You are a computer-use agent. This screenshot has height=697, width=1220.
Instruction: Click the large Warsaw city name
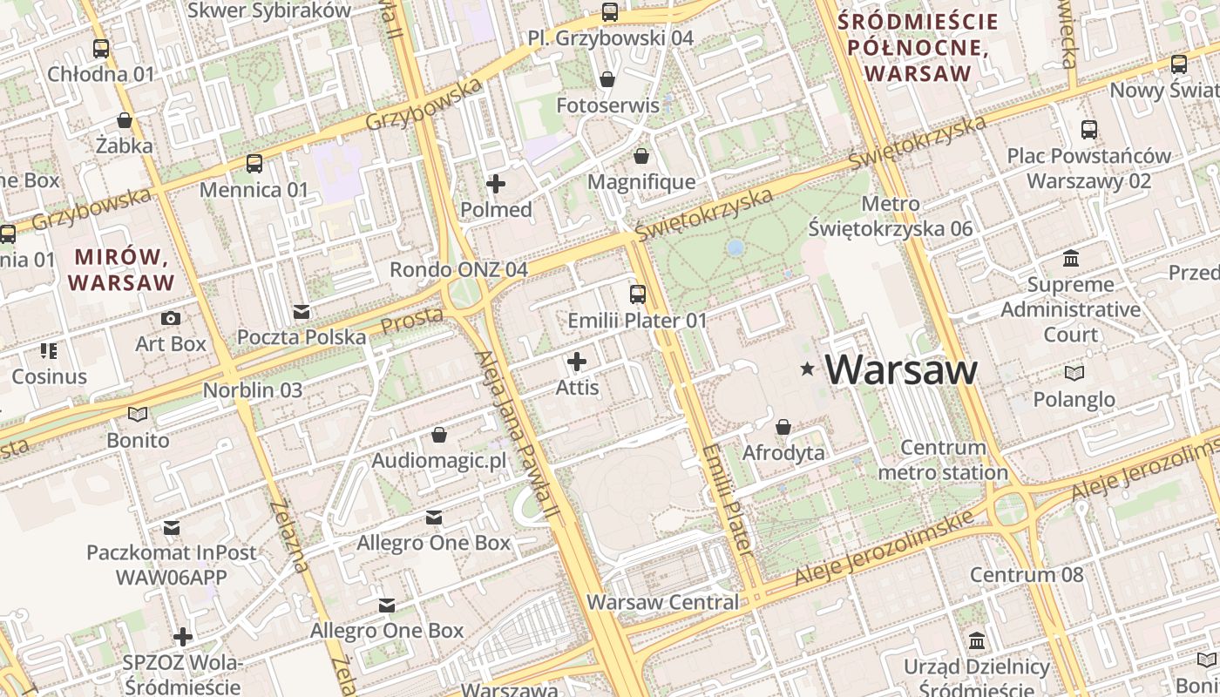click(x=901, y=370)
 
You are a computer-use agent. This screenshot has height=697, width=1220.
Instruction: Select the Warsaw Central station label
click(x=662, y=602)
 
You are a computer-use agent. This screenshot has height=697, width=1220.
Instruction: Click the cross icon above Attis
click(x=577, y=361)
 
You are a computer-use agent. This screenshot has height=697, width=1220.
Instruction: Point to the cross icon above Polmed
click(x=496, y=183)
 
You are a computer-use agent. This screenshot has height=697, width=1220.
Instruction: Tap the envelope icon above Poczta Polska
click(x=302, y=311)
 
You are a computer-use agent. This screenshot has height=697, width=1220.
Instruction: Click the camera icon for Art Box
click(x=171, y=318)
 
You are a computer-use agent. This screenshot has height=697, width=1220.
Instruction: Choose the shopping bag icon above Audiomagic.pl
click(x=439, y=434)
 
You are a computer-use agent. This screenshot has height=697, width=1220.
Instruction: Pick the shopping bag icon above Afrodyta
click(x=783, y=427)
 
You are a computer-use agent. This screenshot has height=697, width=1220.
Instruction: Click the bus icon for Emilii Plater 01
click(x=638, y=294)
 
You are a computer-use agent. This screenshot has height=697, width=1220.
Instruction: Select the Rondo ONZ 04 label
click(x=458, y=269)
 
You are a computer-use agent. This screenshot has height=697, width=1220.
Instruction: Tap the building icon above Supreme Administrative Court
click(x=1070, y=259)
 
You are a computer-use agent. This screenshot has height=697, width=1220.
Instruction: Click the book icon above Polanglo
click(x=1074, y=373)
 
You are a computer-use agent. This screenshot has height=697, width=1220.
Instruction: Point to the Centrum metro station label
click(x=943, y=460)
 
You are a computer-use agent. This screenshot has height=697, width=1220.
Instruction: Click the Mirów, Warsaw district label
click(x=121, y=269)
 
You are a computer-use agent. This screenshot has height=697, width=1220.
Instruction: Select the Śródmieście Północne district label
click(x=917, y=46)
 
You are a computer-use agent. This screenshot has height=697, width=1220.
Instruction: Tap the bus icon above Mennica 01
click(x=254, y=163)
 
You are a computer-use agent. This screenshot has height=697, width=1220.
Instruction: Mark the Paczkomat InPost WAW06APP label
click(x=172, y=565)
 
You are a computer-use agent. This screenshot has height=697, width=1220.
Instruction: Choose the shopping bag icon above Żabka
click(x=125, y=120)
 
